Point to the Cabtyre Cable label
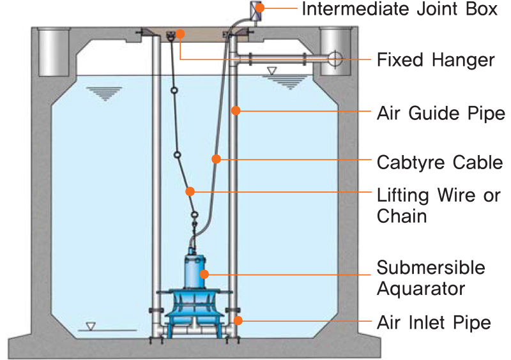point(440,162)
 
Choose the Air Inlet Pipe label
point(434,322)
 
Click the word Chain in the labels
point(402,216)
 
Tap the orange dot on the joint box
point(261,9)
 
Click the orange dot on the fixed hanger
point(181,33)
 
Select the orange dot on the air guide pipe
point(235,111)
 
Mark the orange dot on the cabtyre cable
point(217,158)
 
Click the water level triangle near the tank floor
point(91,326)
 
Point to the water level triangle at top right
point(273,70)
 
